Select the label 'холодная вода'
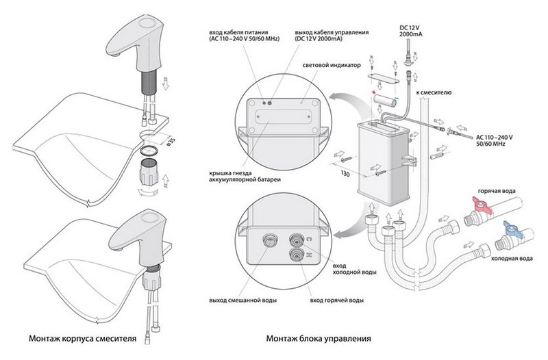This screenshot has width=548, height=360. [x=514, y=259]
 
